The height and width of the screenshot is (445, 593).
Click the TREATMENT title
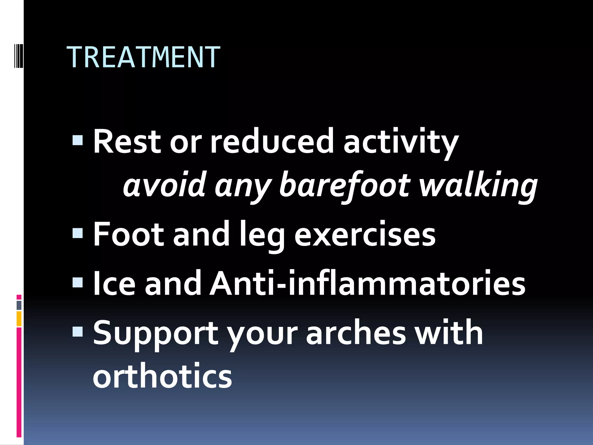pyautogui.click(x=143, y=57)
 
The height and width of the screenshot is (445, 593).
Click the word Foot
pyautogui.click(x=128, y=234)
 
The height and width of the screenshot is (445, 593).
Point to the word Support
pyautogui.click(x=155, y=333)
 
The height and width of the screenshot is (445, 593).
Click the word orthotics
pyautogui.click(x=162, y=376)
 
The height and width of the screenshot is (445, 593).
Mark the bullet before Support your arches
pyautogui.click(x=78, y=331)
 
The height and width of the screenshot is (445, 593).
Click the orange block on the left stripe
pyautogui.click(x=19, y=319)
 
